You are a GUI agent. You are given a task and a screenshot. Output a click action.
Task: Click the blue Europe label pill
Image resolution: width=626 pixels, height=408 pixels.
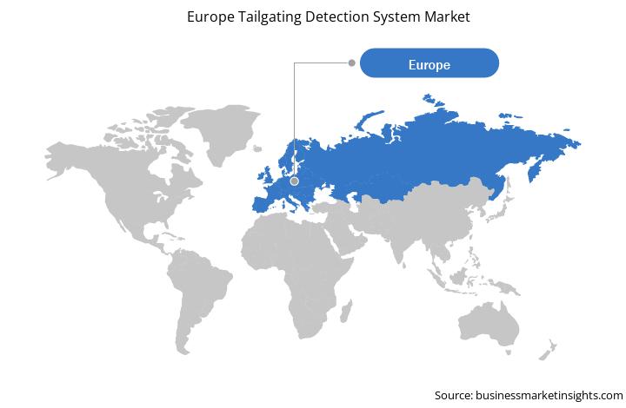click(x=430, y=63)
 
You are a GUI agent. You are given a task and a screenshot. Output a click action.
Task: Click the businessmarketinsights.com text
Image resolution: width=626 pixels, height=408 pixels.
click(x=549, y=395)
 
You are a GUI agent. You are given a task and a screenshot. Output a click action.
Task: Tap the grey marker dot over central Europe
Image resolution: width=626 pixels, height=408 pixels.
click(x=295, y=181)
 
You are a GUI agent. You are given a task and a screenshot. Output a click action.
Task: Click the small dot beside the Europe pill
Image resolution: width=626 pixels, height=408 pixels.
click(x=352, y=63)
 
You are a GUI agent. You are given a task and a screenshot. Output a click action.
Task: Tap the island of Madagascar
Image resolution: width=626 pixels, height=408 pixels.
click(x=346, y=312)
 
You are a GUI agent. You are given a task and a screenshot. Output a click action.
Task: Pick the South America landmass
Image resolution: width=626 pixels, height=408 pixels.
click(x=197, y=295)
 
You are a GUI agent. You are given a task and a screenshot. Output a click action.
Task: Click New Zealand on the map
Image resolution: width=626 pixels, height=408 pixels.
click(x=548, y=351)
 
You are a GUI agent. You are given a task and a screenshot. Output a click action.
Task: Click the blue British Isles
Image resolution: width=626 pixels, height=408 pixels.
click(x=264, y=175)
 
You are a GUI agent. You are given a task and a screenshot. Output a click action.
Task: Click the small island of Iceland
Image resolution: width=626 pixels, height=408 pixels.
click(x=257, y=148)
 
